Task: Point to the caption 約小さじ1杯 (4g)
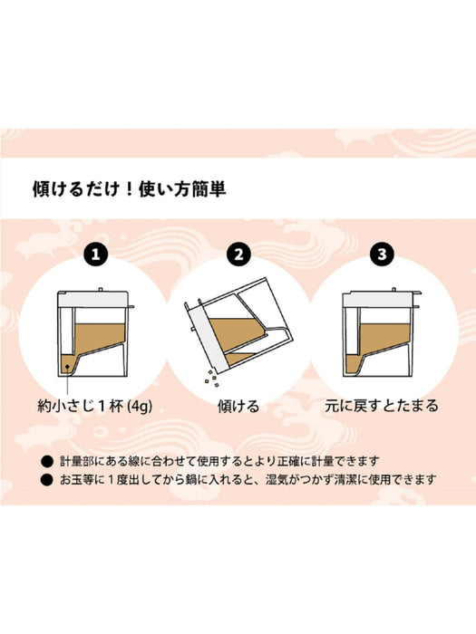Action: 94,406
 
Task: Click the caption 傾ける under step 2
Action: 239,406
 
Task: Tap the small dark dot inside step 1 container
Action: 67,366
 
